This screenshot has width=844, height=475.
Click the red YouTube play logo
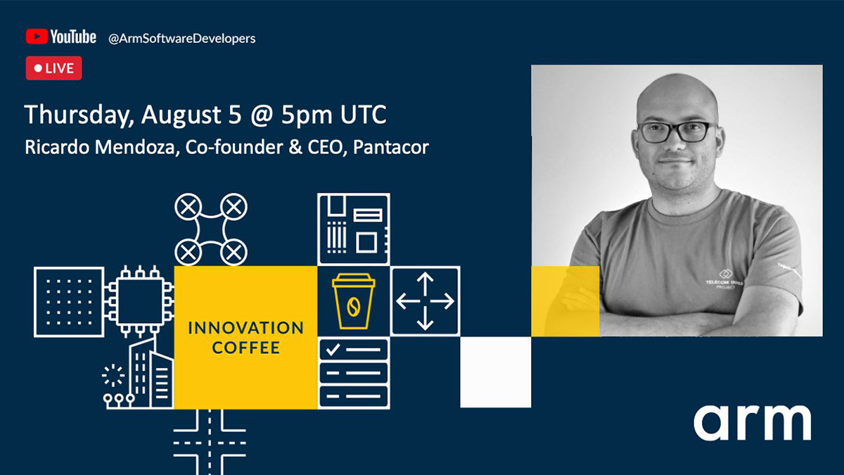point(37,37)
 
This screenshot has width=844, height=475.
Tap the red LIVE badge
point(54,68)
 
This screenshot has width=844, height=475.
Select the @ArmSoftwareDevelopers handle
point(182,39)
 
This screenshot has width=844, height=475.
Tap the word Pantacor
point(391,147)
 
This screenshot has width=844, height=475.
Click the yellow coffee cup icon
point(353,301)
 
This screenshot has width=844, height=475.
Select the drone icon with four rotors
point(211,229)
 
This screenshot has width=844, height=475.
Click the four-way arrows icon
point(425,301)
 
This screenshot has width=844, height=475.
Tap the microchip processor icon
point(139,301)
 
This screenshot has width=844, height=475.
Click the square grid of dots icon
point(69,302)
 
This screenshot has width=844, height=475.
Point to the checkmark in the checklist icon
point(333,350)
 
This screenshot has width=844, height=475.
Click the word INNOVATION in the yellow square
point(245,328)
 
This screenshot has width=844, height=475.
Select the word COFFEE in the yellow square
point(246,348)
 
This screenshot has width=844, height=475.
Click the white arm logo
point(752,423)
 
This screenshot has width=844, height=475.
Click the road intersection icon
point(210,442)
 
